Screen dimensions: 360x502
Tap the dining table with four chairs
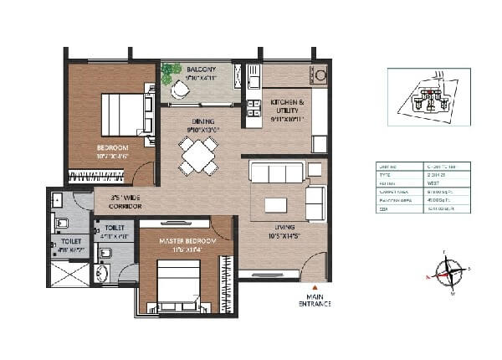click(x=198, y=155)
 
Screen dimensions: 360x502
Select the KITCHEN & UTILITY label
click(x=288, y=106)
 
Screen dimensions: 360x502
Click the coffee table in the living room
click(x=274, y=205)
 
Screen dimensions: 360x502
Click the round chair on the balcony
click(x=181, y=91)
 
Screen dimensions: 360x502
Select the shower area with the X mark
click(x=69, y=273)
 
